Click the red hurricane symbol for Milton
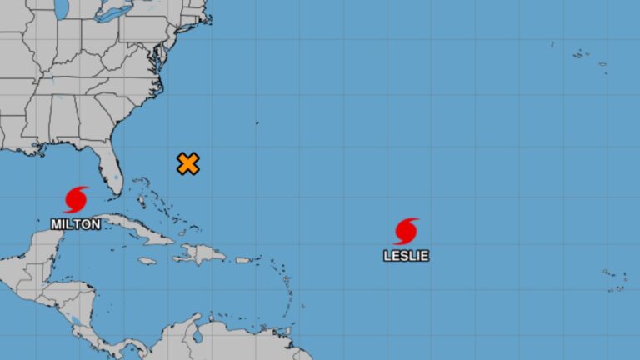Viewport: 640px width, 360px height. pos(76,199)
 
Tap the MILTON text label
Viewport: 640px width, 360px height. pos(76,223)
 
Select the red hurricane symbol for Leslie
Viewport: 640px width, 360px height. pos(406,231)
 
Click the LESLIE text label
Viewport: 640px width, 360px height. pos(406,255)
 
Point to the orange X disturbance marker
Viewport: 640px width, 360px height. pos(188,163)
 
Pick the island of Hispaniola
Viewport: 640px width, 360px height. pos(200,252)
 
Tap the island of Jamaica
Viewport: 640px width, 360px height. pos(147,261)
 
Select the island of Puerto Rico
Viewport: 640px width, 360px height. pos(244,260)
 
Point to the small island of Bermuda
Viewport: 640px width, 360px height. pos(257,123)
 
